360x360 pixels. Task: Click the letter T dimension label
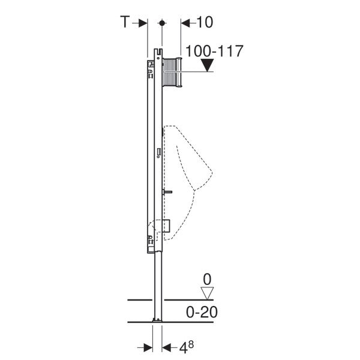(125, 22)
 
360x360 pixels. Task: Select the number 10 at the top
(204, 22)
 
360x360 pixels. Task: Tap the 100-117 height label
(215, 51)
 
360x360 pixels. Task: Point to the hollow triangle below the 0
(207, 293)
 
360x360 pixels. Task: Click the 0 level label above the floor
(207, 279)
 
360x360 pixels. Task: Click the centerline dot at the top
(161, 23)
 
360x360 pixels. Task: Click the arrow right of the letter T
(143, 23)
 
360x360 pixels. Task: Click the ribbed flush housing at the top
(170, 72)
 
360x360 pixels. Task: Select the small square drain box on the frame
(165, 226)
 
